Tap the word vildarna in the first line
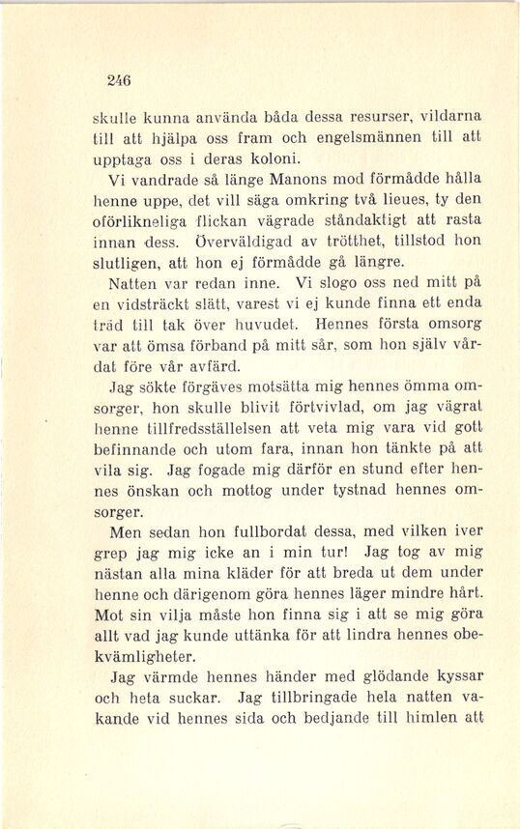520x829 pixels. pyautogui.click(x=449, y=116)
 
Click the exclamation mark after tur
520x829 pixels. pyautogui.click(x=345, y=555)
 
